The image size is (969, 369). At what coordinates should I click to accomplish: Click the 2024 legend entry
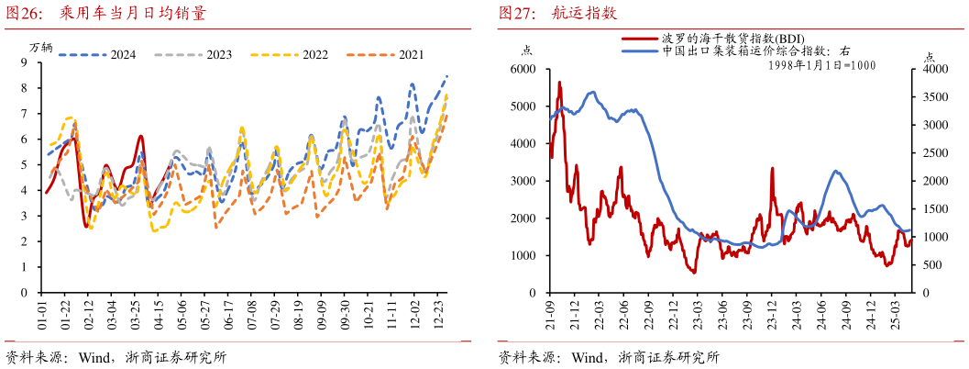[x=123, y=55]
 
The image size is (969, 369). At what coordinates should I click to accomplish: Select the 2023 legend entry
[x=219, y=55]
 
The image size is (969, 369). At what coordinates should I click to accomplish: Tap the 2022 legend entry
[x=315, y=55]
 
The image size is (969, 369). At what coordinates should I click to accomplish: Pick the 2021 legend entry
[x=411, y=55]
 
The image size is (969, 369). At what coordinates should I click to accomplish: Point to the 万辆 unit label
[x=41, y=47]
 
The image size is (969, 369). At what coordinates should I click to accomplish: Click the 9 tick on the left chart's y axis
[x=25, y=62]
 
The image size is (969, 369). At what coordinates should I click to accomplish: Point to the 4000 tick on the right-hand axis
[x=935, y=70]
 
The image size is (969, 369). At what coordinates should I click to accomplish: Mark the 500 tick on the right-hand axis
[x=930, y=265]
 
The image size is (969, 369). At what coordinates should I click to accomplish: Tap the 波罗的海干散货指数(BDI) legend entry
[x=720, y=39]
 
